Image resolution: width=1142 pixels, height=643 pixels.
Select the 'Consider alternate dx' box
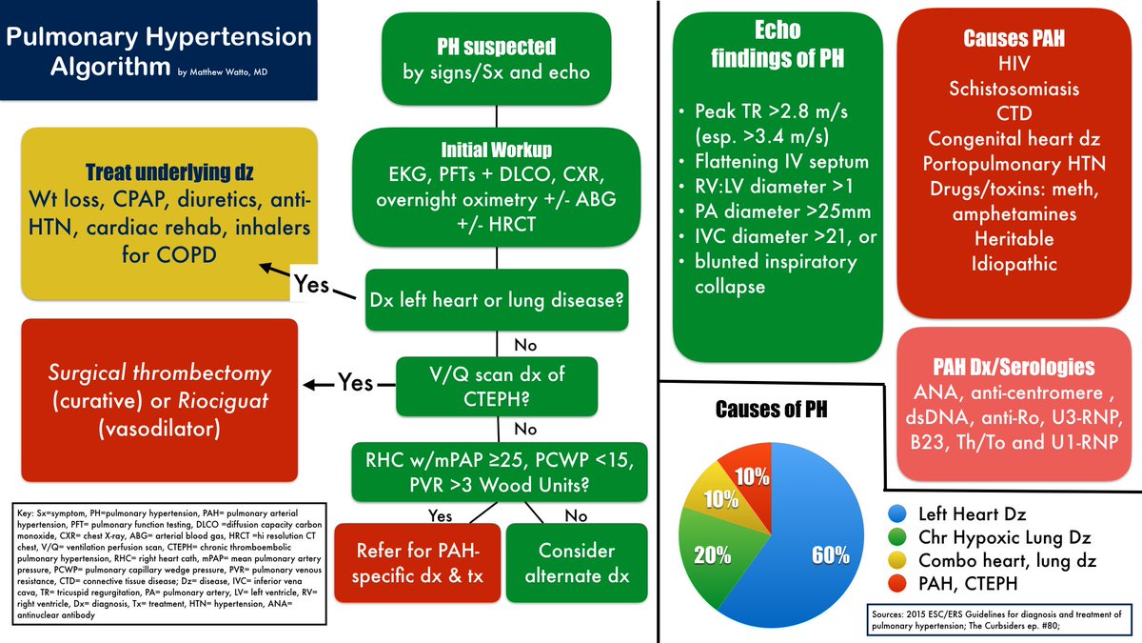(x=576, y=562)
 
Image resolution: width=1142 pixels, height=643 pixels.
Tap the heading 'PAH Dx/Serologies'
(x=1013, y=367)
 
